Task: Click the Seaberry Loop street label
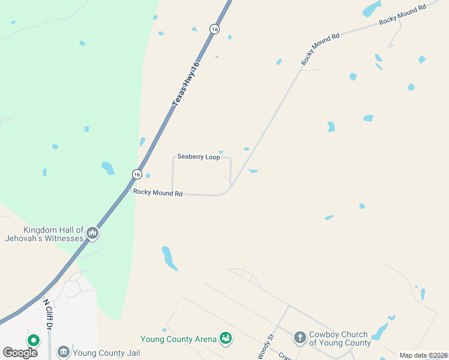point(198,157)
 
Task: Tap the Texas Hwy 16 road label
point(185,85)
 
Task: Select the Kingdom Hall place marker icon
point(92,233)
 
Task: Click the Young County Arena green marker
point(226,339)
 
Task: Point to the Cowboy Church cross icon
point(300,338)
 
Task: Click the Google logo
point(20,353)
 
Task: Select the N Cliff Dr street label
point(48,314)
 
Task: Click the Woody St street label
point(265,347)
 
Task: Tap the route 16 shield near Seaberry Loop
point(137,174)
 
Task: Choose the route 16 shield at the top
point(214,29)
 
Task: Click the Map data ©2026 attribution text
point(424,355)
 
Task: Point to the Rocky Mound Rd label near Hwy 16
point(158,193)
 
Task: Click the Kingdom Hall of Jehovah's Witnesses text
point(53,234)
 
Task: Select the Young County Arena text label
point(178,340)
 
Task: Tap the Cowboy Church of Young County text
point(340,339)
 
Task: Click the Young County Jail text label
point(106,353)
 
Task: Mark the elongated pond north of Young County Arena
point(169,258)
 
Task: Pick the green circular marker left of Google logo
point(34,341)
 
